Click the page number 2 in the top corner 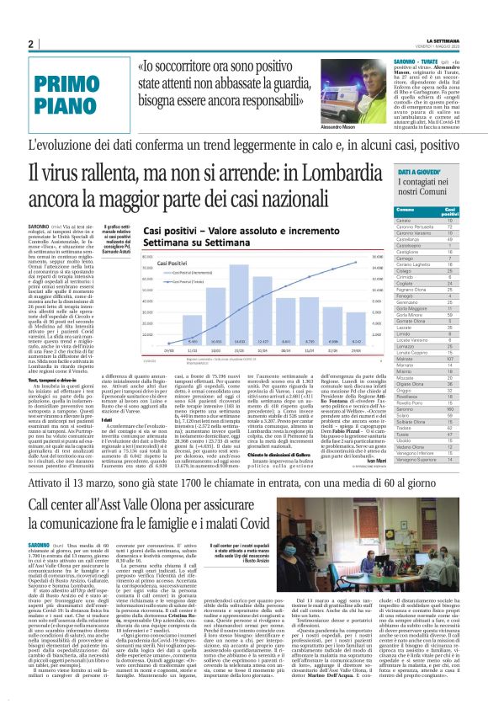tap(30, 44)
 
